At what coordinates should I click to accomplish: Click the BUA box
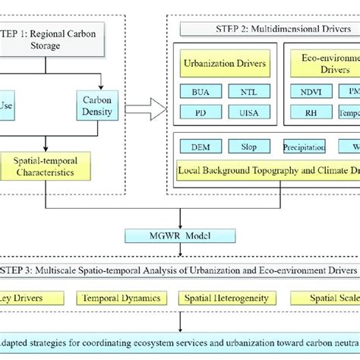(x=200, y=91)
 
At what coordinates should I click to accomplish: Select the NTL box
(x=248, y=91)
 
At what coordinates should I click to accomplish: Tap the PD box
(x=200, y=112)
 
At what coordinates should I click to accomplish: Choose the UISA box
(x=248, y=112)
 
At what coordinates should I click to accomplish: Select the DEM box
(x=201, y=146)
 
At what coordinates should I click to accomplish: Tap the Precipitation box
(x=304, y=146)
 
